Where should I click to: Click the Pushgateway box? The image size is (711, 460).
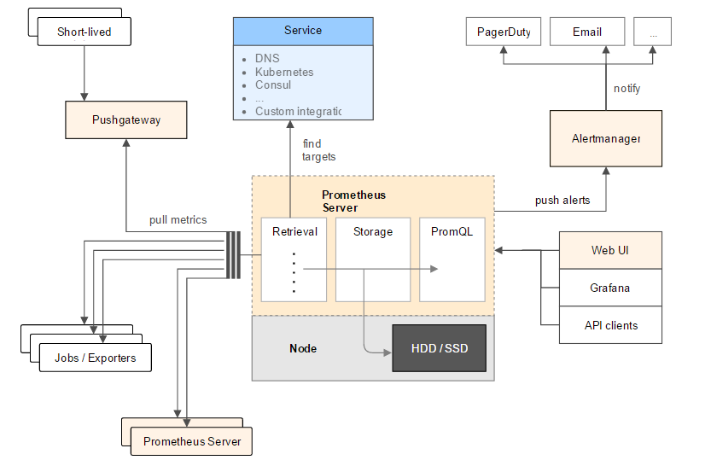[125, 120]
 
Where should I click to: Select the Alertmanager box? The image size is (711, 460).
[606, 138]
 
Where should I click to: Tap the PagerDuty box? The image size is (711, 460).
[504, 32]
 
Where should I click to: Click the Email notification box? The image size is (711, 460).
[587, 32]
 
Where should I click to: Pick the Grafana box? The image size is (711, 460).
[610, 288]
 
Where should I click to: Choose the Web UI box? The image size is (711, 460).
[610, 250]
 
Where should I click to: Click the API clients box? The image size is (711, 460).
[610, 325]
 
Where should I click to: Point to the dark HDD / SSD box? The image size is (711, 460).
[439, 348]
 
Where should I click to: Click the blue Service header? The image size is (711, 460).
[303, 31]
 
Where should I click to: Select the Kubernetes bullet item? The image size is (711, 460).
[284, 72]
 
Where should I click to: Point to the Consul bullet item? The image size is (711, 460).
[273, 84]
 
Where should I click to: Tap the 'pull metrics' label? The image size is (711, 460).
[178, 219]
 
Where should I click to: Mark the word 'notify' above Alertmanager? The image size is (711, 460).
[626, 89]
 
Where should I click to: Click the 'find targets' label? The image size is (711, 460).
[318, 150]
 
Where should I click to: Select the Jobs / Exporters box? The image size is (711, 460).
[95, 358]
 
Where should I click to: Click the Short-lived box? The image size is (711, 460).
[84, 32]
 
